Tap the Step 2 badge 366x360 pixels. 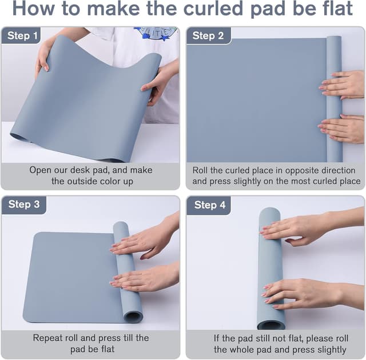pos(208,36)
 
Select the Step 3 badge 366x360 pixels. pos(23,205)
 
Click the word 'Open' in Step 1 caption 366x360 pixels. pos(41,170)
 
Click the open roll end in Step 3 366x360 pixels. pos(133,315)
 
